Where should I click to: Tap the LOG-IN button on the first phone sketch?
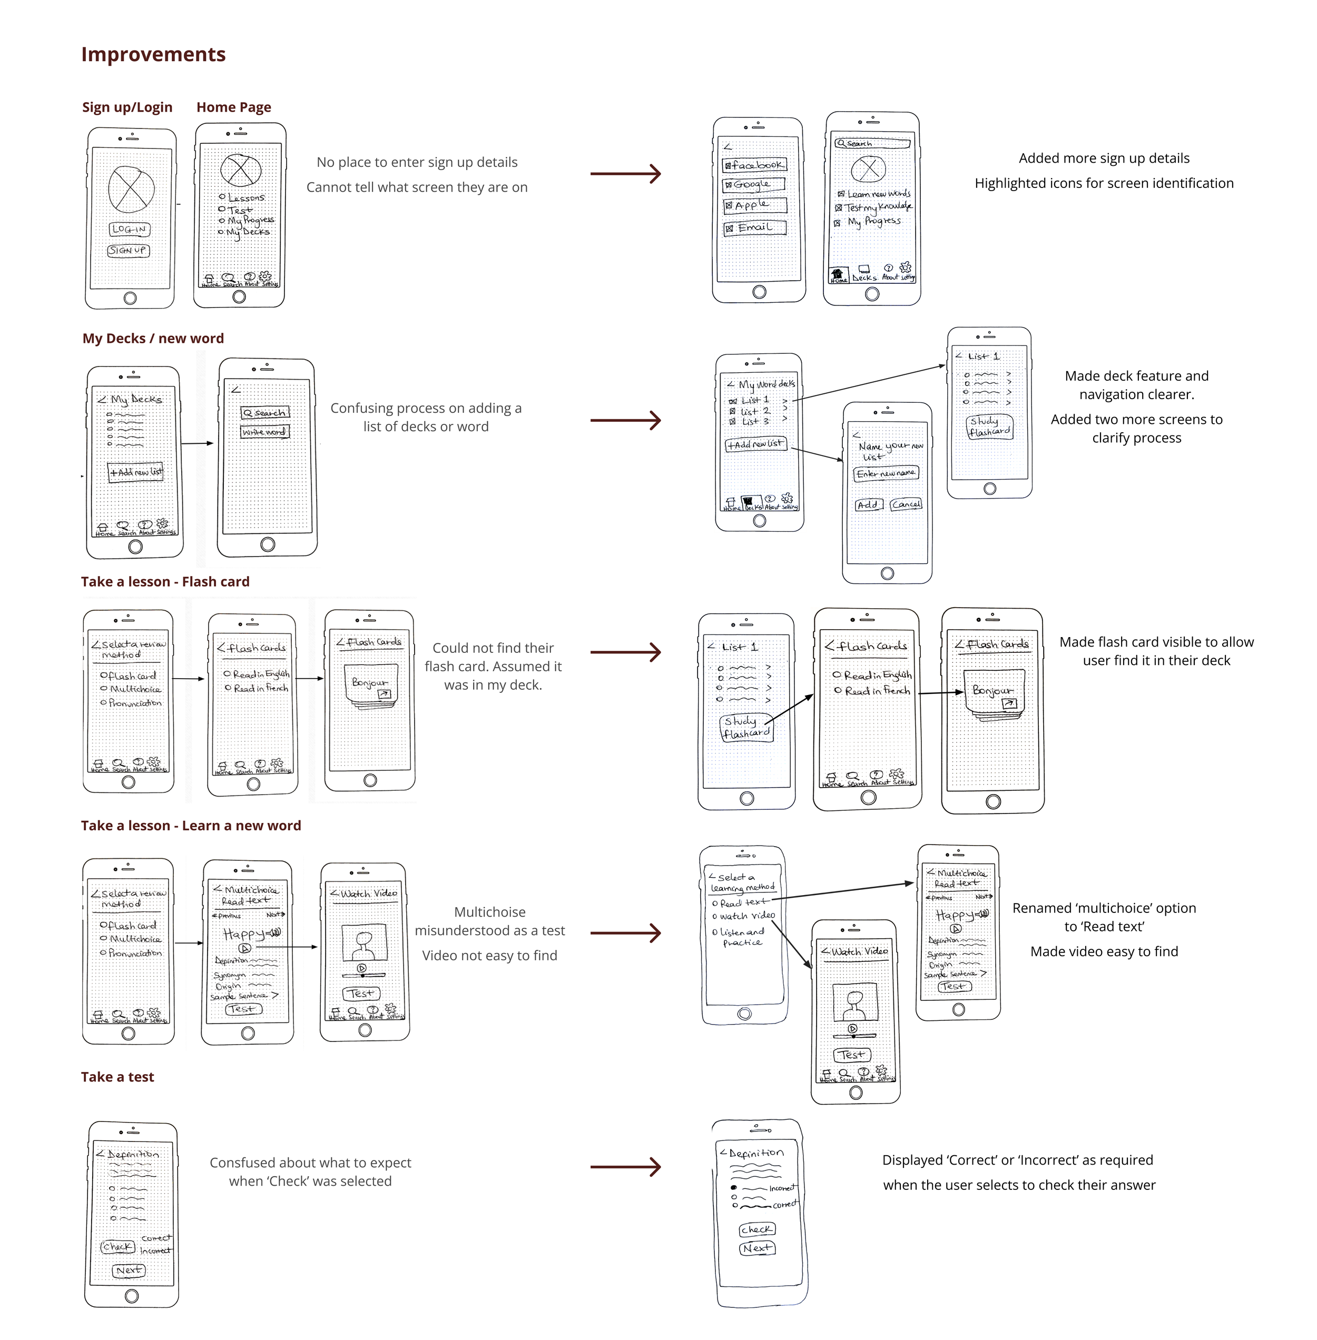tap(130, 229)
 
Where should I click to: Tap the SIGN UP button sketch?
tap(129, 250)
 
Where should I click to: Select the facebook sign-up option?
tap(755, 165)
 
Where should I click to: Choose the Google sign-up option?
tap(753, 185)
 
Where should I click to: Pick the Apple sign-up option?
tap(755, 205)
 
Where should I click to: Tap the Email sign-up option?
tap(755, 227)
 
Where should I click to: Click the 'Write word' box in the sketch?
tap(264, 431)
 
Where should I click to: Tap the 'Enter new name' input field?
tap(886, 474)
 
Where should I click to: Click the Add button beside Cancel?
tap(868, 505)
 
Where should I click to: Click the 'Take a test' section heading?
tap(117, 1077)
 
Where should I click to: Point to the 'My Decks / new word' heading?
tap(153, 338)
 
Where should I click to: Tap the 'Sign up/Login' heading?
tap(127, 107)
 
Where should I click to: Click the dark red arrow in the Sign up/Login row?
tap(625, 174)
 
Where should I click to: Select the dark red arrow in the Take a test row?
tap(625, 1167)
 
